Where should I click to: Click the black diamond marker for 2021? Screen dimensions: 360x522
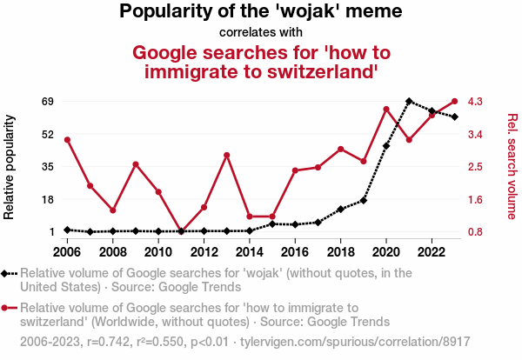point(409,102)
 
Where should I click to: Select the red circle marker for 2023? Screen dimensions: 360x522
point(455,102)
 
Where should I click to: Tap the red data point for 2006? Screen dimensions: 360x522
point(67,140)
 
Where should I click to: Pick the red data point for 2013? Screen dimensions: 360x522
point(226,156)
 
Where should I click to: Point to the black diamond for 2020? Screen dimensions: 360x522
point(386,146)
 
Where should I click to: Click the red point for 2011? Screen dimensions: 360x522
point(181,231)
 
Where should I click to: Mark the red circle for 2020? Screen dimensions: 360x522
point(386,109)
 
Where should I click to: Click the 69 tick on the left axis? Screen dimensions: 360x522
point(47,102)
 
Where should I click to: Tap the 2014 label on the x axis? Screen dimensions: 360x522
point(249,252)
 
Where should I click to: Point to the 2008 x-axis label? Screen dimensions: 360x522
point(112,252)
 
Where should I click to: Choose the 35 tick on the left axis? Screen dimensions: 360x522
point(47,167)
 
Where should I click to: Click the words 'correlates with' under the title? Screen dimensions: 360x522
point(260,32)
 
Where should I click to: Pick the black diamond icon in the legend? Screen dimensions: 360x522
point(5,273)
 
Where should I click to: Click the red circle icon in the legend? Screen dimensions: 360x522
point(5,308)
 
